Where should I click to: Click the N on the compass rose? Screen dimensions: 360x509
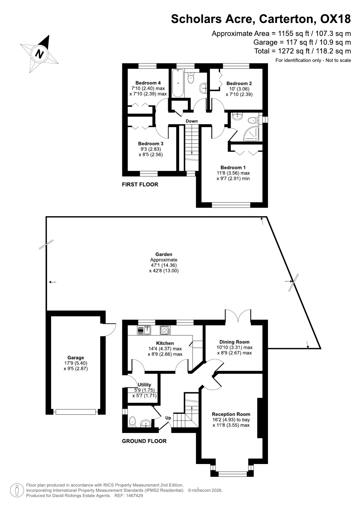pyautogui.click(x=39, y=54)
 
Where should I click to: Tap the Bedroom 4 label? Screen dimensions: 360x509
pyautogui.click(x=148, y=83)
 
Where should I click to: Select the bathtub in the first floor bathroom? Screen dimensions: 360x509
pyautogui.click(x=178, y=83)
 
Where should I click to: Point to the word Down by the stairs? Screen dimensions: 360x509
pyautogui.click(x=192, y=121)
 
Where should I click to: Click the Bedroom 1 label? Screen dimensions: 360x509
pyautogui.click(x=233, y=167)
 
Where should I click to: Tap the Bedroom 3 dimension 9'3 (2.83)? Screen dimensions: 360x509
pyautogui.click(x=151, y=149)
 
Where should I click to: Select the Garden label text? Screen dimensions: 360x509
pyautogui.click(x=164, y=254)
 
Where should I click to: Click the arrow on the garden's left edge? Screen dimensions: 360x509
pyautogui.click(x=53, y=282)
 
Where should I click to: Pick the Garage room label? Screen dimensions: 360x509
pyautogui.click(x=76, y=358)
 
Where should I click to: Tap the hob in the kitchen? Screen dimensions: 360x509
pyautogui.click(x=165, y=330)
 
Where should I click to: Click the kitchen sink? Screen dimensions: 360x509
pyautogui.click(x=144, y=330)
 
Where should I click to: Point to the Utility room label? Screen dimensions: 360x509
pyautogui.click(x=144, y=385)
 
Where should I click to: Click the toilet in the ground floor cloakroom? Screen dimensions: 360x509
pyautogui.click(x=133, y=421)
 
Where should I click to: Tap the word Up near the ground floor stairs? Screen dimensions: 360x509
pyautogui.click(x=168, y=418)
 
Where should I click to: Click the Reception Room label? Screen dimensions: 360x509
pyautogui.click(x=231, y=414)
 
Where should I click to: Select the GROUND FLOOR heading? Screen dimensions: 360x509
pyautogui.click(x=144, y=441)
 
